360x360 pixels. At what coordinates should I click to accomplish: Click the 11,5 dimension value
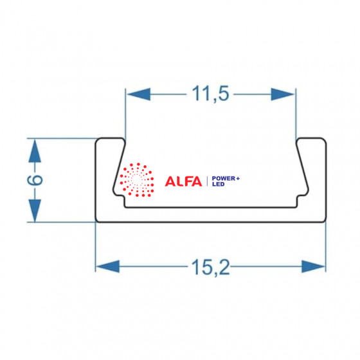pos(211,94)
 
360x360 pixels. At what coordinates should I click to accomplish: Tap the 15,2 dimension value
pos(210,267)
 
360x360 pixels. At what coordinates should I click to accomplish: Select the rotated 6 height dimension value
pos(35,180)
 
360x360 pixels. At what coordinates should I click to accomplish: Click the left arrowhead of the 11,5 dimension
pos(139,94)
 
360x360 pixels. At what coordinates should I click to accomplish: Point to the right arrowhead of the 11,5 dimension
pos(282,94)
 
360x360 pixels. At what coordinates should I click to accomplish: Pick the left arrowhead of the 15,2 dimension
pos(108,266)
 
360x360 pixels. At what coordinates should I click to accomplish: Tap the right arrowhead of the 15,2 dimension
pos(314,266)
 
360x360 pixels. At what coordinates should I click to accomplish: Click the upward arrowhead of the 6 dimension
pos(35,151)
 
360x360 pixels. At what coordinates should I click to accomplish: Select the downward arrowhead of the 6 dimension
pos(35,210)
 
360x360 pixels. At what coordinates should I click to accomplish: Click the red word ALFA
pos(183,181)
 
